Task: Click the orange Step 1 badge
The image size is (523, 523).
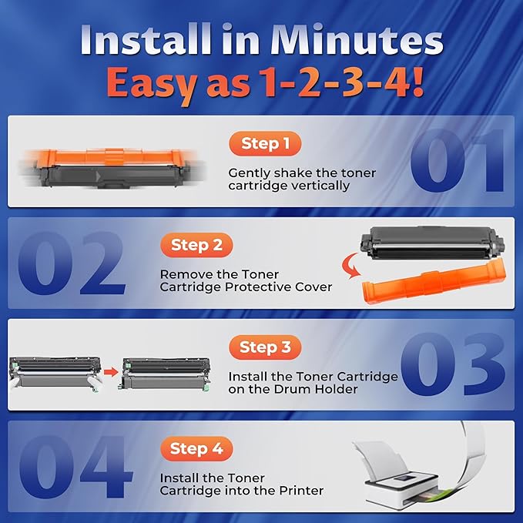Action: (265, 143)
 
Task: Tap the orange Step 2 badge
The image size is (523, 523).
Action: (196, 245)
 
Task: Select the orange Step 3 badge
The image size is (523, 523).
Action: (265, 347)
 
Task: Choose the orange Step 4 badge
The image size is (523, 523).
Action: (196, 448)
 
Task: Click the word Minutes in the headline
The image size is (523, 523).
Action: (357, 39)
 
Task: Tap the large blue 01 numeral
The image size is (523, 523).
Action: (457, 161)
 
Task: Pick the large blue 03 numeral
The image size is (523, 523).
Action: (453, 364)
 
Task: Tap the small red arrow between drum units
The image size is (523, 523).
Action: (111, 371)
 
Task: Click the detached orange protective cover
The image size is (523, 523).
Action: (434, 283)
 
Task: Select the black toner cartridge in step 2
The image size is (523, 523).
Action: (432, 243)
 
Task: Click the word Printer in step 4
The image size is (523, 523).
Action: (301, 491)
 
